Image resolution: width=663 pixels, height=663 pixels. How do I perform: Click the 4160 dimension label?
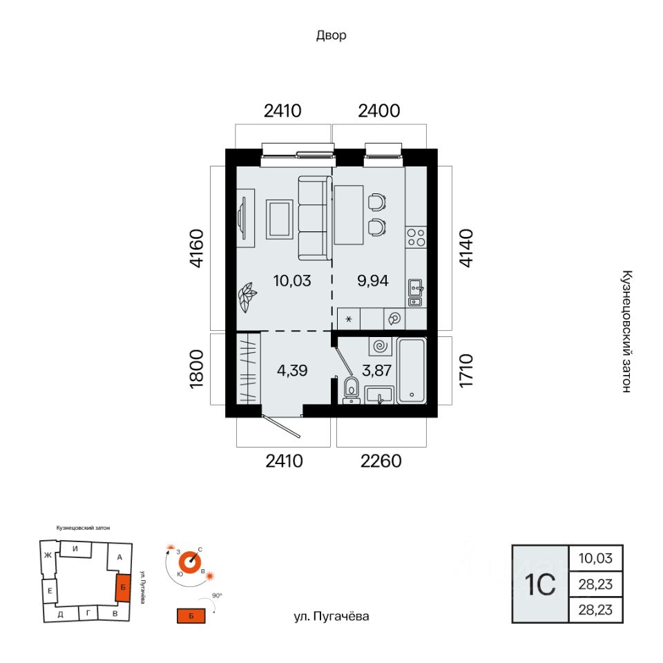pos(197,248)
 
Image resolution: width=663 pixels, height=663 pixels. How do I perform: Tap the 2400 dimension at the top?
pos(379,110)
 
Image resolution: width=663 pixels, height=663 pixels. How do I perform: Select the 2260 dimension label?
pos(381,461)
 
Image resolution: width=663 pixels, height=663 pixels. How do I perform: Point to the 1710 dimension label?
pos(466,370)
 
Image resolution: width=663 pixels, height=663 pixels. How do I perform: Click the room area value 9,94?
pos(372,281)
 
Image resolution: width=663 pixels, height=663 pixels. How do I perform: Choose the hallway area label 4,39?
pos(292,371)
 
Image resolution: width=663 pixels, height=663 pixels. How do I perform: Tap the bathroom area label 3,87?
pos(377,371)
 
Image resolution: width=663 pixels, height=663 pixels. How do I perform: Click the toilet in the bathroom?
pos(351,390)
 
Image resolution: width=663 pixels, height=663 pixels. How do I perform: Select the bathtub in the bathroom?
pos(412,371)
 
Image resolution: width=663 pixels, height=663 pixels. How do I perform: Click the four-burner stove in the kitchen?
pos(416,237)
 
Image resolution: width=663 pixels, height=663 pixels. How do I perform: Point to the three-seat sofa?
pos(315,218)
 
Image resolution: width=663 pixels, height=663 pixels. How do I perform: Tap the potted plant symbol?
pos(247,297)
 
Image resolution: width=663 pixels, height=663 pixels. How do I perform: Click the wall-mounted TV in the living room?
pos(242,218)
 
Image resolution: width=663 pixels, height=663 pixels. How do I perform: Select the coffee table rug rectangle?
pos(280,220)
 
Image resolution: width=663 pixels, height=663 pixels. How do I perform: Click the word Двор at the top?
pos(331,35)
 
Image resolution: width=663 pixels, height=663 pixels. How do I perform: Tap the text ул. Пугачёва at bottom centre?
pos(331,617)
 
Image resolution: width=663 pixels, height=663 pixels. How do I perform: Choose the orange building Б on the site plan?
pos(123,588)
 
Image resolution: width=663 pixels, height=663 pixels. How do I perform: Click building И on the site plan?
pos(75,549)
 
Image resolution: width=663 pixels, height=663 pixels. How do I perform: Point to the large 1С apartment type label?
pos(539,584)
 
